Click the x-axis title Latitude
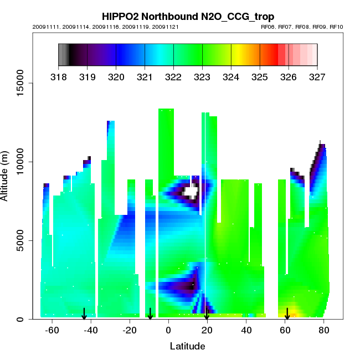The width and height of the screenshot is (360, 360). [187, 346]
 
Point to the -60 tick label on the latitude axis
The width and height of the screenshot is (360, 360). [52, 330]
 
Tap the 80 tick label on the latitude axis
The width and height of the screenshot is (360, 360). [323, 330]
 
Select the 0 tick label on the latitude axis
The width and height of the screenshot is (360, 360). [168, 330]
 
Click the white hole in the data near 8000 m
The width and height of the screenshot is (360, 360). [191, 193]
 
